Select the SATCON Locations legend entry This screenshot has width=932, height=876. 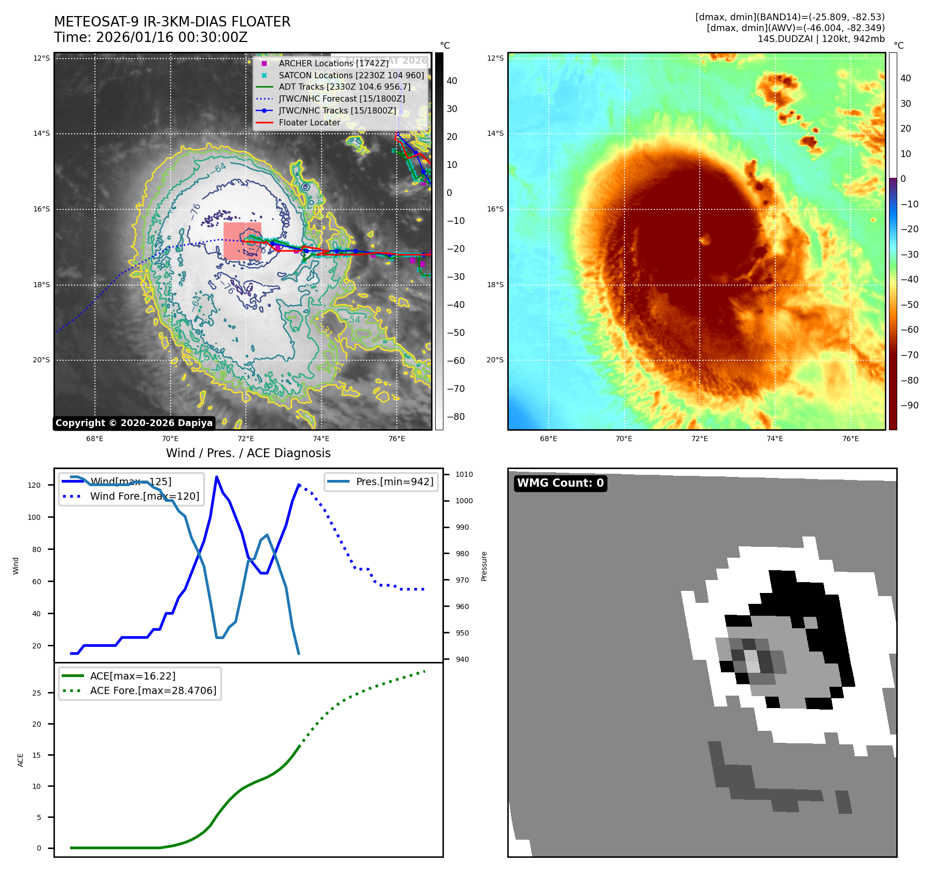coord(351,75)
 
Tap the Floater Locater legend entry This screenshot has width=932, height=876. coord(309,122)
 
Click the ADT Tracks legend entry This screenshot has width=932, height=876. coord(344,87)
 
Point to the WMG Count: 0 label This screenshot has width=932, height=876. coord(560,483)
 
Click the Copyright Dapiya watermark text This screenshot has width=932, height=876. coord(134,423)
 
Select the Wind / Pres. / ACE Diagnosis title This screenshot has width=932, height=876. coord(248,453)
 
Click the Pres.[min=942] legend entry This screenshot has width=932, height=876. coord(394,482)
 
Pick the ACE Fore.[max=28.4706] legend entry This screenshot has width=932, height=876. coord(153,690)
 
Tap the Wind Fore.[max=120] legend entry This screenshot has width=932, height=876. coord(144,496)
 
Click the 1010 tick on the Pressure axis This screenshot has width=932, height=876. coord(464,474)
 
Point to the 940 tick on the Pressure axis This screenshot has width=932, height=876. coord(462,659)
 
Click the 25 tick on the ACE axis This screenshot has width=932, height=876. coord(37,693)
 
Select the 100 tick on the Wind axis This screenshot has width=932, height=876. coord(34,517)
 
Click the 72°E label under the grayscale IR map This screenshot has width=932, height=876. coord(246,439)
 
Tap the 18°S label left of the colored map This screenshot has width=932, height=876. coord(495,285)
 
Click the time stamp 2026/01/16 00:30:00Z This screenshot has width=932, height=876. coord(172,38)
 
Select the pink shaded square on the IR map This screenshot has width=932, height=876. coord(242,242)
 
